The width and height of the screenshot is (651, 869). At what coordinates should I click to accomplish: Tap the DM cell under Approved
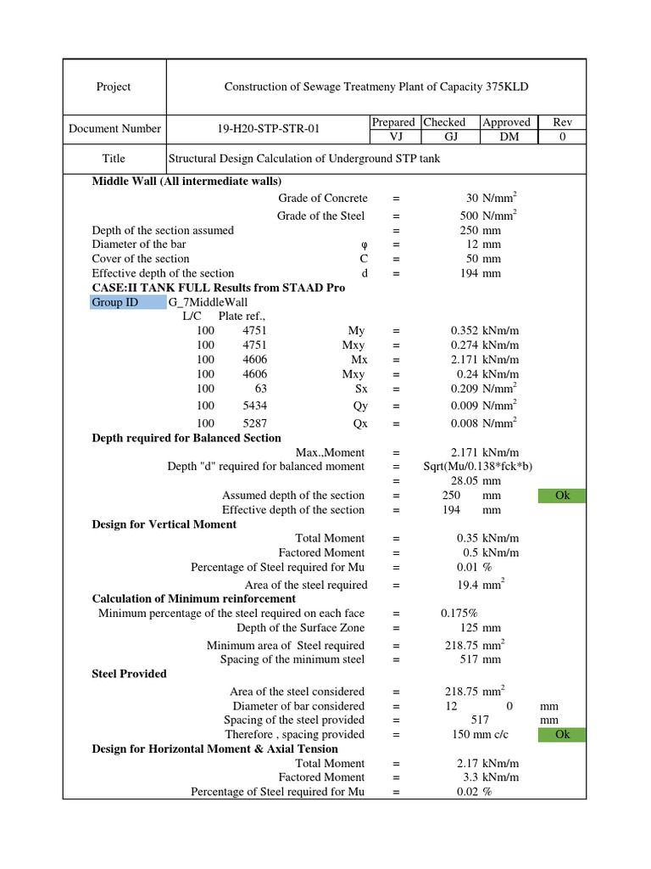click(x=505, y=136)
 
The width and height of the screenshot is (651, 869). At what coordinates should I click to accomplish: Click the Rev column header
click(x=563, y=122)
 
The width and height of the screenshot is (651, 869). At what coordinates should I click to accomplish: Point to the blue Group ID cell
click(x=129, y=302)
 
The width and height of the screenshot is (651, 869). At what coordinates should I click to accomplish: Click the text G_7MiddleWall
click(x=207, y=302)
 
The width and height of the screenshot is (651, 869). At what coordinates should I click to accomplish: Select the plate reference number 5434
click(x=254, y=406)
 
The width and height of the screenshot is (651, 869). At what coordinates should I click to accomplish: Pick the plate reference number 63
click(x=260, y=388)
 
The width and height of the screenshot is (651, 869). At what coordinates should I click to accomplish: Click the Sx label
click(x=359, y=388)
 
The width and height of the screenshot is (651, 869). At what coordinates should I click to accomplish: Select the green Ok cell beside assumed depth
click(x=562, y=496)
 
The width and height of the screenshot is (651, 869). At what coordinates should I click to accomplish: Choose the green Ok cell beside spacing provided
click(x=562, y=734)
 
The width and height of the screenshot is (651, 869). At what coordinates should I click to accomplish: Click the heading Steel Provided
click(x=129, y=673)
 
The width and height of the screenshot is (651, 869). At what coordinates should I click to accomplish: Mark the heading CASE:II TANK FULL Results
click(x=218, y=288)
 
